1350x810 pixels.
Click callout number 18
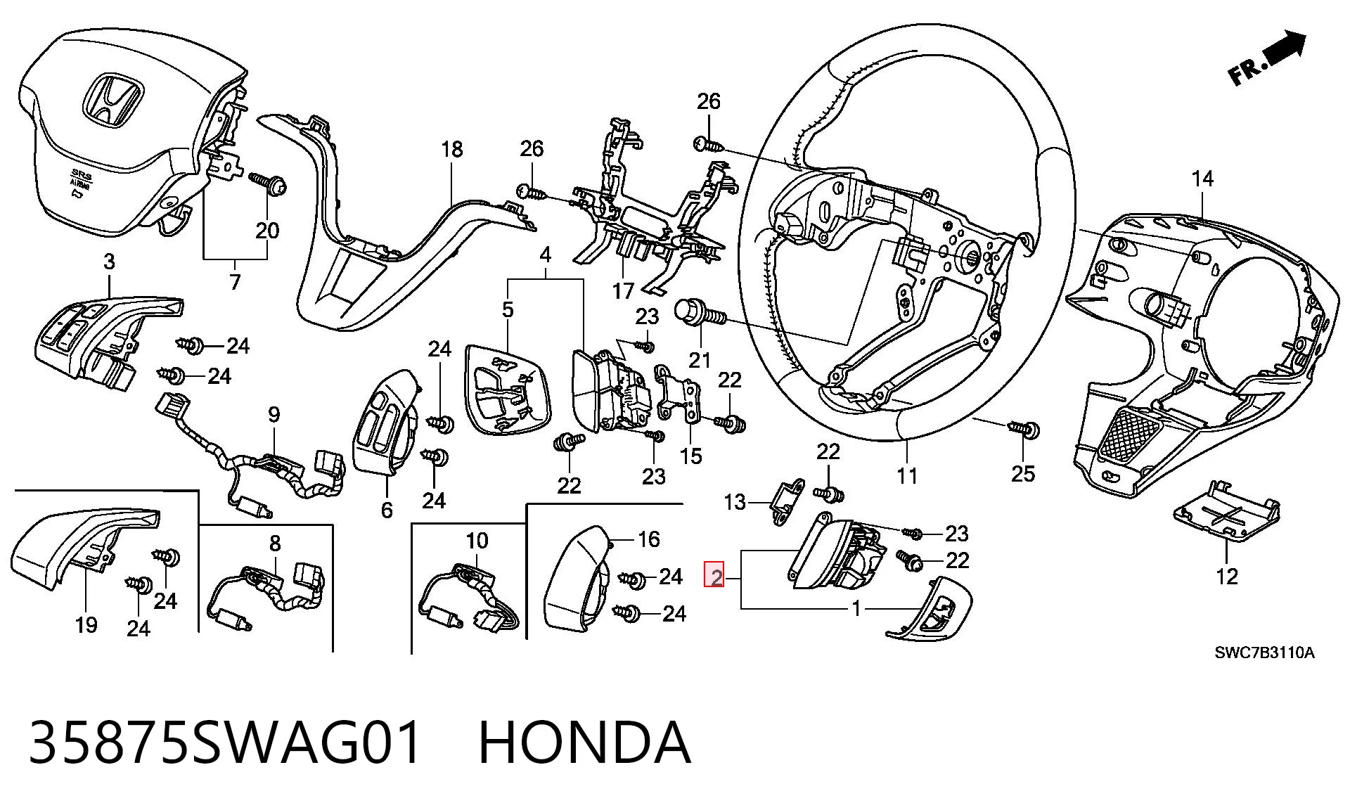(x=453, y=150)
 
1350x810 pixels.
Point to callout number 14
(x=1202, y=179)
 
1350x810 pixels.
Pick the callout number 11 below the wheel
(x=907, y=476)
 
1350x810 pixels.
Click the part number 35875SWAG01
(x=226, y=742)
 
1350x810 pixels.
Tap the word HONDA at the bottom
(x=585, y=742)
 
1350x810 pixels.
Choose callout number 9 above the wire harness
(x=274, y=415)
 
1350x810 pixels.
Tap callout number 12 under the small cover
(x=1227, y=577)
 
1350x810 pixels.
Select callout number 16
(x=648, y=539)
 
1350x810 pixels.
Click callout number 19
(x=86, y=624)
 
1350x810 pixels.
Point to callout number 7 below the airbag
(x=235, y=282)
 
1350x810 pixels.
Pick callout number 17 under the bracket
(x=623, y=290)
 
